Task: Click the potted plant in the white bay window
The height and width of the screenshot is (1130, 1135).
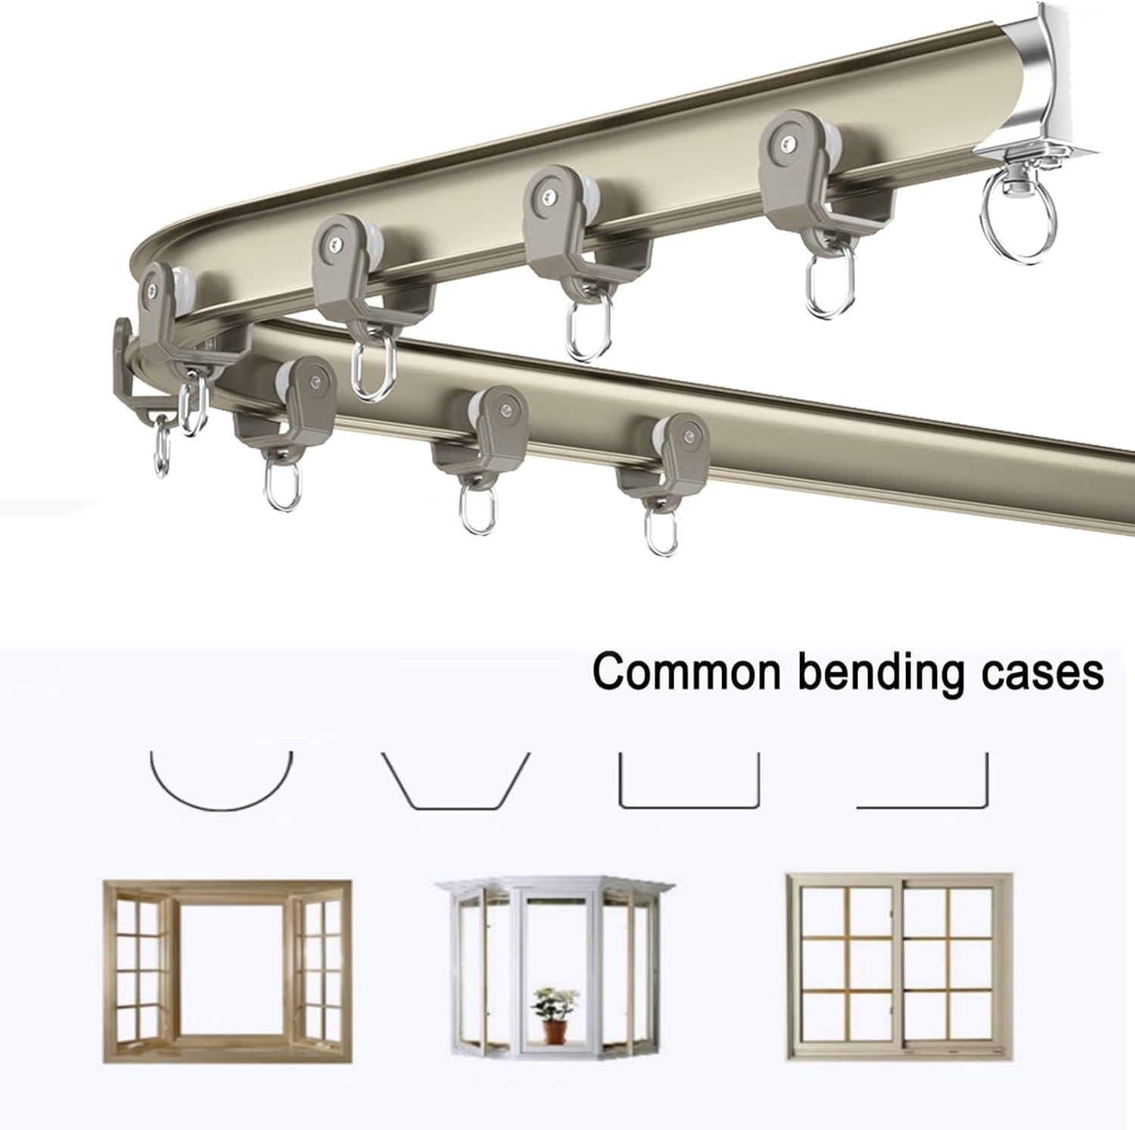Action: pos(552,1014)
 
